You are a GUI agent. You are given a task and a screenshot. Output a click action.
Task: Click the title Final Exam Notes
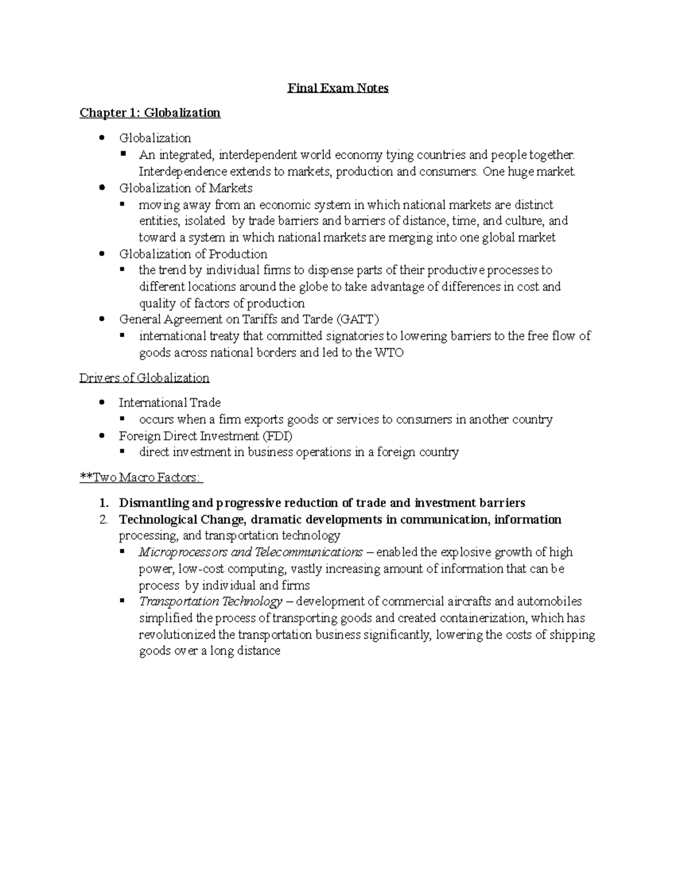click(338, 88)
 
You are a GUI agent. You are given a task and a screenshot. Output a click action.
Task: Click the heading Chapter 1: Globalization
click(150, 113)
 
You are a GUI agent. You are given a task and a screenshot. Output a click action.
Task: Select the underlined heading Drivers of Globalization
click(144, 378)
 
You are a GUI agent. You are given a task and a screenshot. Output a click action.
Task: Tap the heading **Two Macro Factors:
click(141, 478)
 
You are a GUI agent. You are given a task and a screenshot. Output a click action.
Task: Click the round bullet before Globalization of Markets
click(101, 187)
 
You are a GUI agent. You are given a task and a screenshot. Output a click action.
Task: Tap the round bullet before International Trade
click(101, 402)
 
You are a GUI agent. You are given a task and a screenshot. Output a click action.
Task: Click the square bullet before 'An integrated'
click(122, 154)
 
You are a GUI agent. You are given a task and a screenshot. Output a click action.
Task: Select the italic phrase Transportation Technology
click(210, 602)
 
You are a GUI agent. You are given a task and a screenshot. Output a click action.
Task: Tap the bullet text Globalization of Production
click(193, 254)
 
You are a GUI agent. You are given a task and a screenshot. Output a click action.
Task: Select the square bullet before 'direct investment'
click(122, 451)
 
